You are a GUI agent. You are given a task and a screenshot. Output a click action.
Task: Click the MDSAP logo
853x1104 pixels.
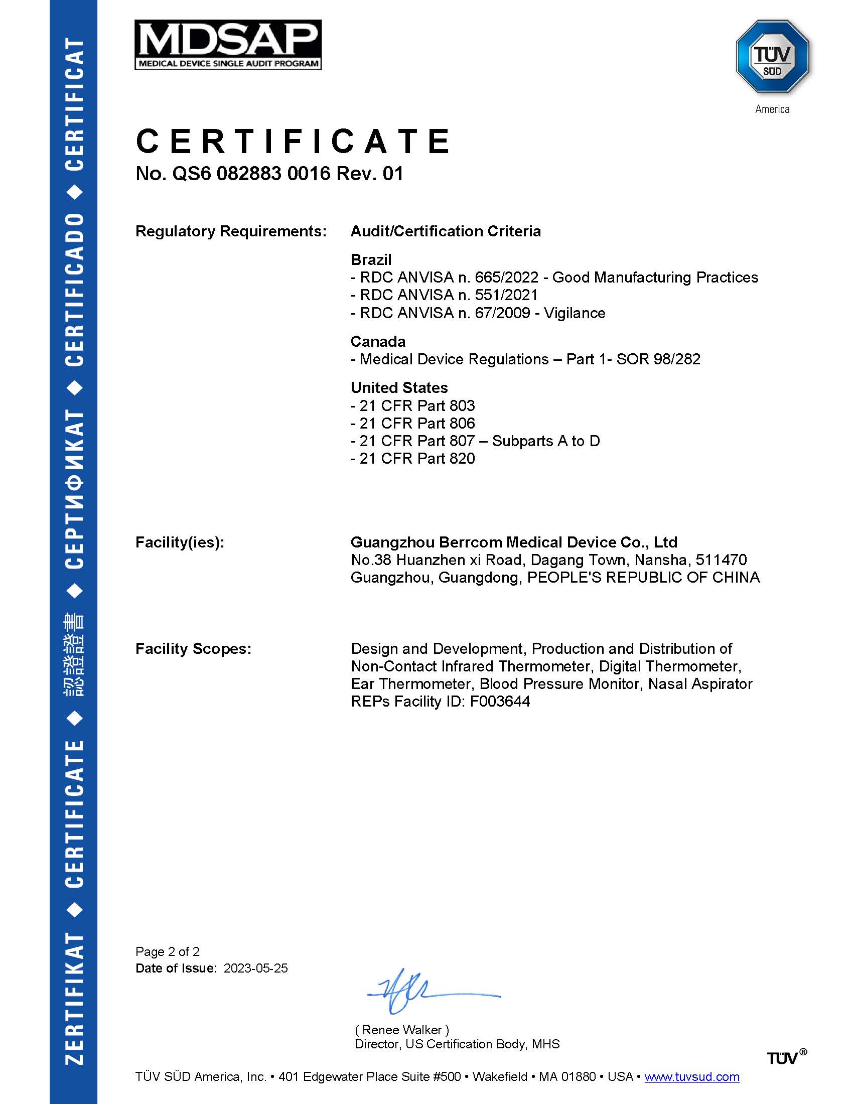coord(228,45)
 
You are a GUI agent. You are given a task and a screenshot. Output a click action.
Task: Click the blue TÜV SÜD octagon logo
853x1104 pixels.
coord(772,57)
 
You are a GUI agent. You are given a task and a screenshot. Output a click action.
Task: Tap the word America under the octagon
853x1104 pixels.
coord(772,109)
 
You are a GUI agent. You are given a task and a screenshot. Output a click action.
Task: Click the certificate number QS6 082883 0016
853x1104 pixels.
coord(251,174)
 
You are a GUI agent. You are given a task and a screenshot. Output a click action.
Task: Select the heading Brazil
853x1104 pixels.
coord(371,259)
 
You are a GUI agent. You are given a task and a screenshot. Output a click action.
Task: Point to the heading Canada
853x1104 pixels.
coord(378,341)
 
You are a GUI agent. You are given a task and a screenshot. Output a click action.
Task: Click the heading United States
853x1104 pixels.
coord(399,387)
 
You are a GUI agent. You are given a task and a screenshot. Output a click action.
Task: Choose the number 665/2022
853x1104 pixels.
coord(506,277)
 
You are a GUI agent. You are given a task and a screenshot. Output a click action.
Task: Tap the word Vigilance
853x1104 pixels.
coord(574,313)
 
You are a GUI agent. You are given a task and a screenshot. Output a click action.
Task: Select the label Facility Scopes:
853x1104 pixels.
coord(193,648)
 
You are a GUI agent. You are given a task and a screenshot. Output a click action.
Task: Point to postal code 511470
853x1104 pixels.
coord(721,560)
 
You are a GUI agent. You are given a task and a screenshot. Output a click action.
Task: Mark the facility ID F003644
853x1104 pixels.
coord(499,701)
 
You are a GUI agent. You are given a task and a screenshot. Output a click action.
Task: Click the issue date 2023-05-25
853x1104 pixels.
coord(256,968)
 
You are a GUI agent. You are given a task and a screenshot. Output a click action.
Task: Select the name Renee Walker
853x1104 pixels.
coord(402,1030)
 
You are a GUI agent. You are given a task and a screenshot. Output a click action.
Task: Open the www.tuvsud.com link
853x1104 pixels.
coord(692,1076)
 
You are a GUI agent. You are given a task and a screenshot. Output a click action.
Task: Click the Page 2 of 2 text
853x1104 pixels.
coord(167,951)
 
